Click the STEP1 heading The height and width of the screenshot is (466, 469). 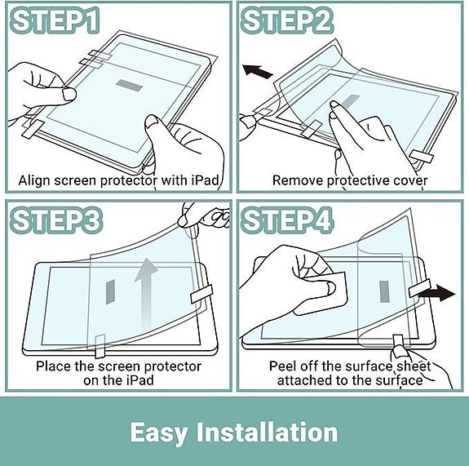[55, 20]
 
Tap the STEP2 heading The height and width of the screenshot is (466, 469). [287, 20]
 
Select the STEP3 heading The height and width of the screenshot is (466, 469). [56, 220]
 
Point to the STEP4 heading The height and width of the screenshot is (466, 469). [287, 220]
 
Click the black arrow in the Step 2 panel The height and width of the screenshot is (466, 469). [258, 72]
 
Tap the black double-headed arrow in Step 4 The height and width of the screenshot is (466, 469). [437, 292]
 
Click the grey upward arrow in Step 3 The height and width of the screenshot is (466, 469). [146, 292]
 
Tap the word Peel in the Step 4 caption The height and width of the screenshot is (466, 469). [283, 366]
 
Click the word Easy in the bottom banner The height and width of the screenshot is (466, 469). [159, 433]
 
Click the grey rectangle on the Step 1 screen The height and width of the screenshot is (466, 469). [129, 85]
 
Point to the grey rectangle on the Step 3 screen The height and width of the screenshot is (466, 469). [110, 292]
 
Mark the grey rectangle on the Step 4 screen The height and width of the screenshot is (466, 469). [384, 291]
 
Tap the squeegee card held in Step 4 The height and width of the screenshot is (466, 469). [321, 294]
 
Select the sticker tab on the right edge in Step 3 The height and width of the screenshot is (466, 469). [201, 294]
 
